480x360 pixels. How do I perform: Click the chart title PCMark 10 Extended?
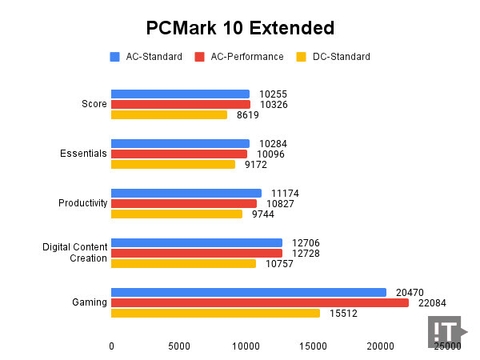240,28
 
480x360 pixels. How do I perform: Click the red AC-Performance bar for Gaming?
259,302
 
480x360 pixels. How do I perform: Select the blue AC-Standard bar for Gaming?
248,292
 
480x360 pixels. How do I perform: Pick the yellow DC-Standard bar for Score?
169,114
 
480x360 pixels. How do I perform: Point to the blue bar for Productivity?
186,193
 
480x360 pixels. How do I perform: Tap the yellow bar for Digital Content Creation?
183,263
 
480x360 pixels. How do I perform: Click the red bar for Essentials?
179,154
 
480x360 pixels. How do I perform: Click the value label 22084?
432,302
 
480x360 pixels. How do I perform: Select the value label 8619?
248,115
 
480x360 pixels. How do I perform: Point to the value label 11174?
285,194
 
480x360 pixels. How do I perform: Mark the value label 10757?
279,264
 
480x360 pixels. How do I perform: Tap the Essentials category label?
84,154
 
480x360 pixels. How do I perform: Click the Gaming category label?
90,302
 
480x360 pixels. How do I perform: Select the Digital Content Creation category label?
74,252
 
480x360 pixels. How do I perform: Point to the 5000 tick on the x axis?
178,346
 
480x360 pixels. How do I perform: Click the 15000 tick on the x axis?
314,346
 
